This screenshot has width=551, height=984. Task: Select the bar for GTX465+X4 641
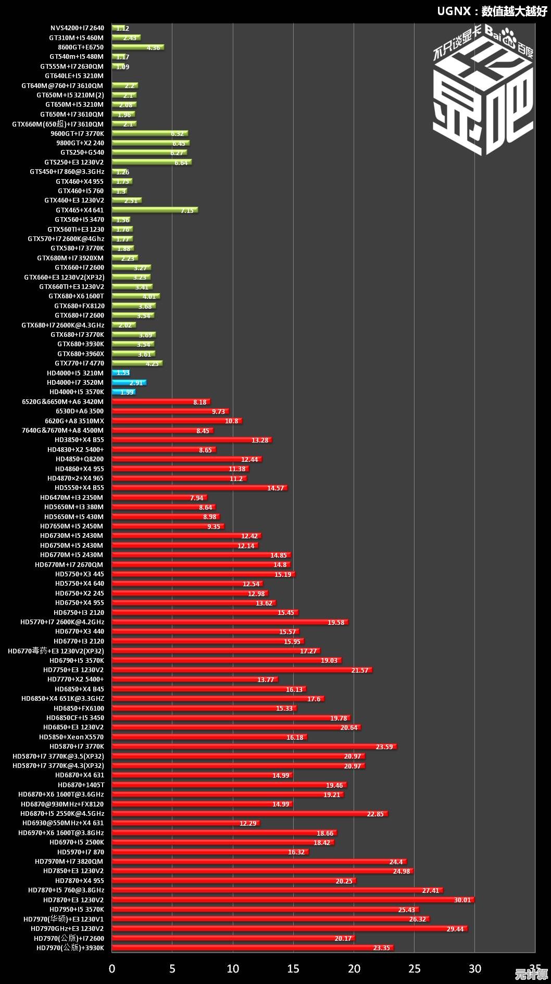pyautogui.click(x=154, y=210)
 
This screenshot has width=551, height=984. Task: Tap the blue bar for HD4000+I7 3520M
pyautogui.click(x=129, y=383)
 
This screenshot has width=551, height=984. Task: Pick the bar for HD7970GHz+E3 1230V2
pyautogui.click(x=289, y=928)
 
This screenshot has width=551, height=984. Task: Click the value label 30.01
pyautogui.click(x=462, y=900)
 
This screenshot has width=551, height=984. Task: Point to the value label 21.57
pyautogui.click(x=360, y=671)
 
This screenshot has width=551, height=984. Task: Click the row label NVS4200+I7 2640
pyautogui.click(x=77, y=28)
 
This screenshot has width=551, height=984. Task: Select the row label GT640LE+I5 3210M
pyautogui.click(x=74, y=76)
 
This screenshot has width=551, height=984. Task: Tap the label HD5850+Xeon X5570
pyautogui.click(x=71, y=737)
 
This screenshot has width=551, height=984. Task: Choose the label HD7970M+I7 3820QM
pyautogui.click(x=69, y=862)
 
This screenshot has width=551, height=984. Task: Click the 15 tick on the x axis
pyautogui.click(x=293, y=969)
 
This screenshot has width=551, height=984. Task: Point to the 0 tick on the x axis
pyautogui.click(x=112, y=969)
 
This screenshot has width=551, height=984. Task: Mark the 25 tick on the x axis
pyautogui.click(x=414, y=969)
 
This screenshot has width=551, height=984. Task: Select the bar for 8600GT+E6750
pyautogui.click(x=137, y=47)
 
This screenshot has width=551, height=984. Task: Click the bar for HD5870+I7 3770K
pyautogui.click(x=254, y=747)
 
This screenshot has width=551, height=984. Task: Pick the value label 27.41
pyautogui.click(x=431, y=891)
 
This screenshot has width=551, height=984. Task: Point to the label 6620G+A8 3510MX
pyautogui.click(x=74, y=421)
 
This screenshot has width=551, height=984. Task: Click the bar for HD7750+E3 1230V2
pyautogui.click(x=242, y=670)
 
